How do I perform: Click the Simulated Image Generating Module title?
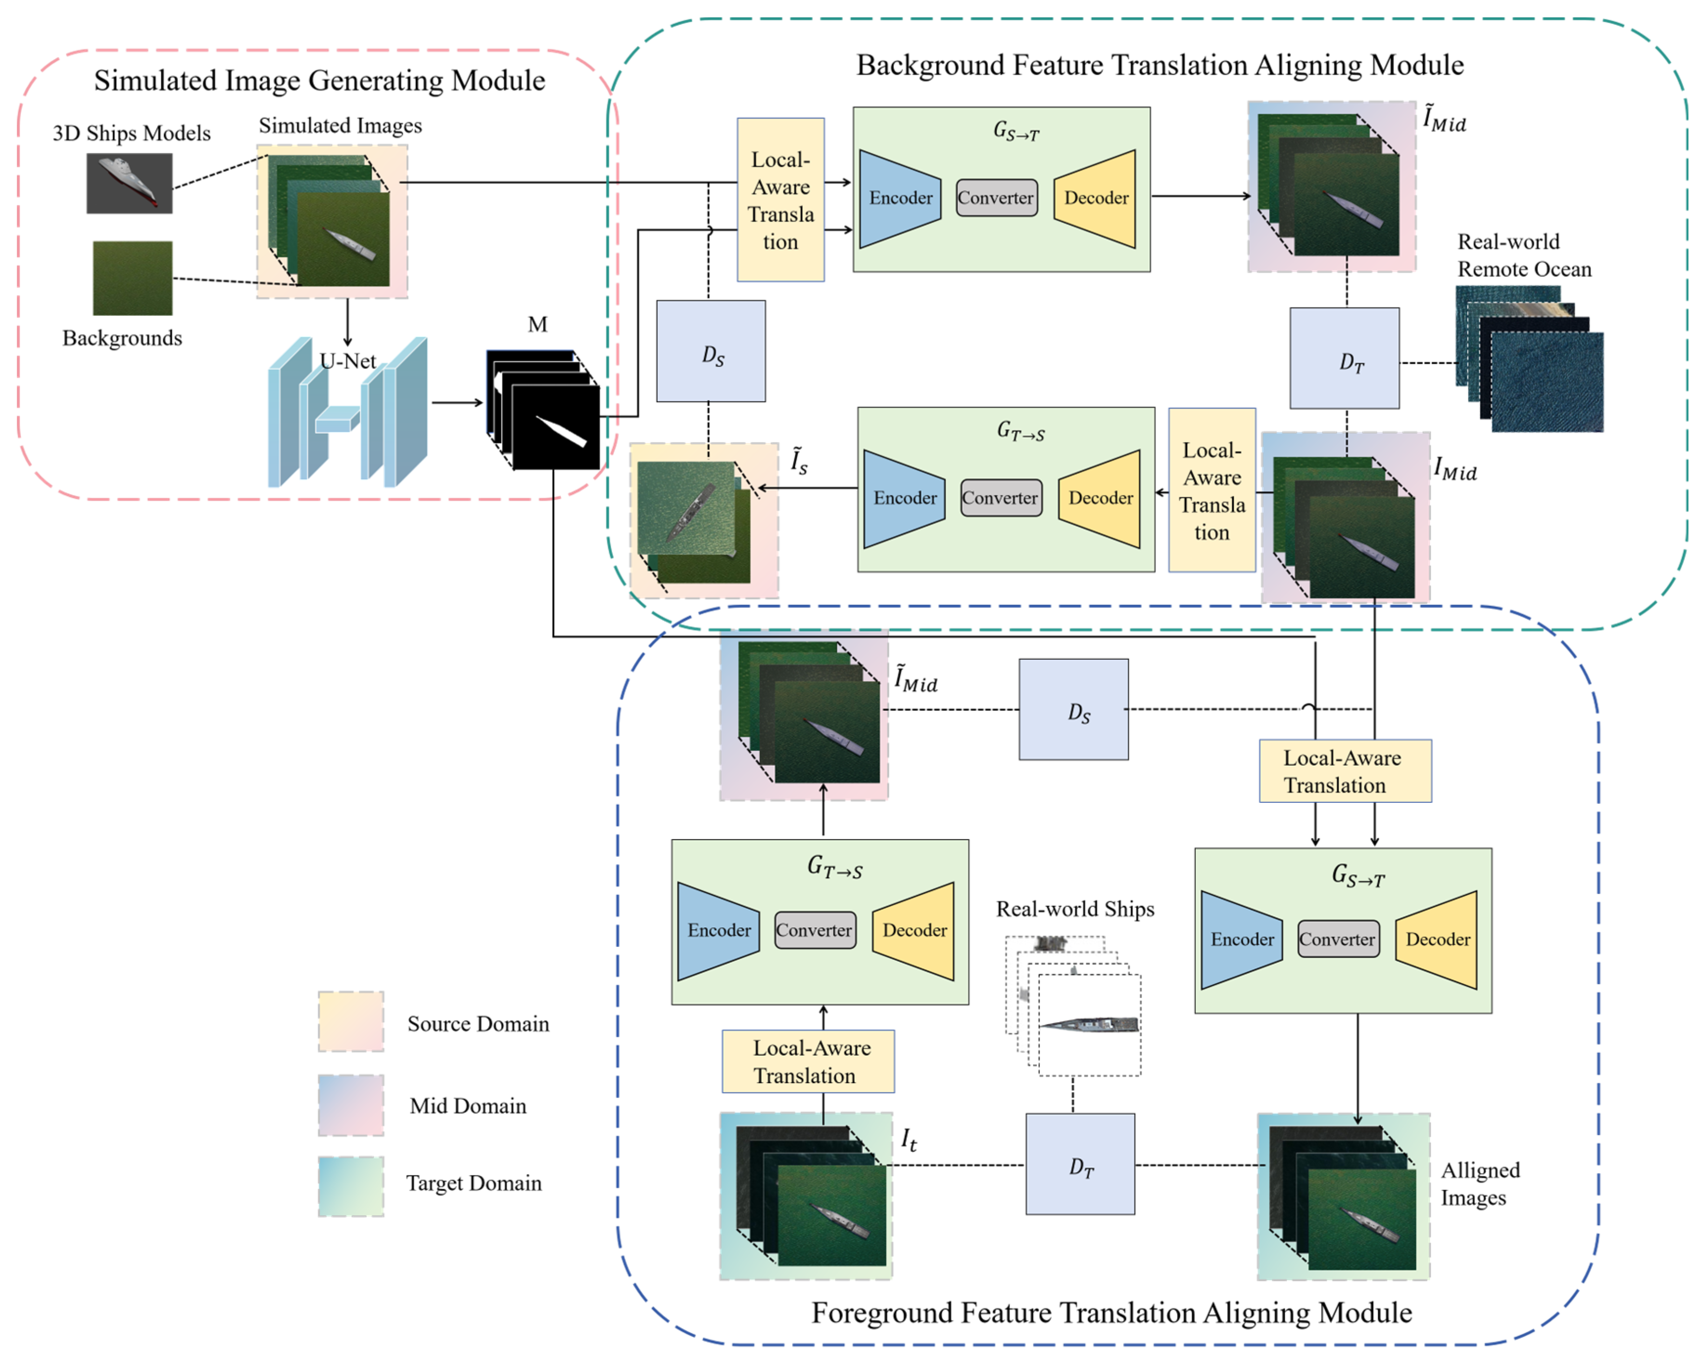[319, 80]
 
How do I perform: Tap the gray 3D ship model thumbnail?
[130, 183]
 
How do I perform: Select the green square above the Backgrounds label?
[133, 278]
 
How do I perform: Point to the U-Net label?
[348, 361]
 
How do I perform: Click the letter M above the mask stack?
[537, 324]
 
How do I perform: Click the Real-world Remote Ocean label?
[1524, 255]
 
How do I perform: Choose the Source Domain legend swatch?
[351, 1022]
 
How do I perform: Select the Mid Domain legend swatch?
[351, 1104]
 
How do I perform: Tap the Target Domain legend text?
[474, 1183]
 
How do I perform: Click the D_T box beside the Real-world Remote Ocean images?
[1344, 359]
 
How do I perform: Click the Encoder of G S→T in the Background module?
[900, 198]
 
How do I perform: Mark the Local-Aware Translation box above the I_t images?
[808, 1061]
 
